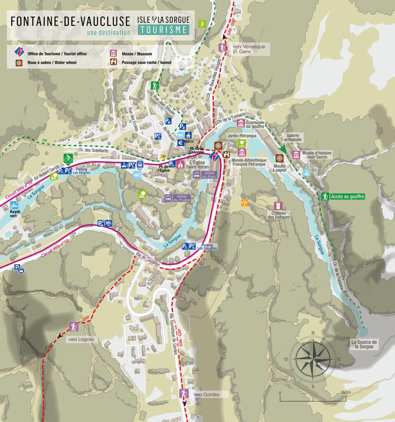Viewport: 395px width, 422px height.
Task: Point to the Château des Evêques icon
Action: [x=279, y=205]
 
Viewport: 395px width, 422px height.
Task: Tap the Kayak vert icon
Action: [x=15, y=205]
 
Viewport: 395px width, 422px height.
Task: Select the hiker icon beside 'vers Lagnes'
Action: [x=74, y=327]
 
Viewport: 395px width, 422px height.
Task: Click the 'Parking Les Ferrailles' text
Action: [x=207, y=246]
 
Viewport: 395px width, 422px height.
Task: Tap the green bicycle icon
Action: [x=68, y=158]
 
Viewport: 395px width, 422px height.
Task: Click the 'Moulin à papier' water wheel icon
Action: [x=279, y=158]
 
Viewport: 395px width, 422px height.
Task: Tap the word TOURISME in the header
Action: [x=164, y=30]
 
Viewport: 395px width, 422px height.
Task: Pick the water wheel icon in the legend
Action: [x=19, y=63]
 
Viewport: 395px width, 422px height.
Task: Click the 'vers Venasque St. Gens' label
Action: [x=245, y=48]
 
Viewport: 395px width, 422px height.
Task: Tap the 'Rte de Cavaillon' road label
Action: [x=147, y=261]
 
